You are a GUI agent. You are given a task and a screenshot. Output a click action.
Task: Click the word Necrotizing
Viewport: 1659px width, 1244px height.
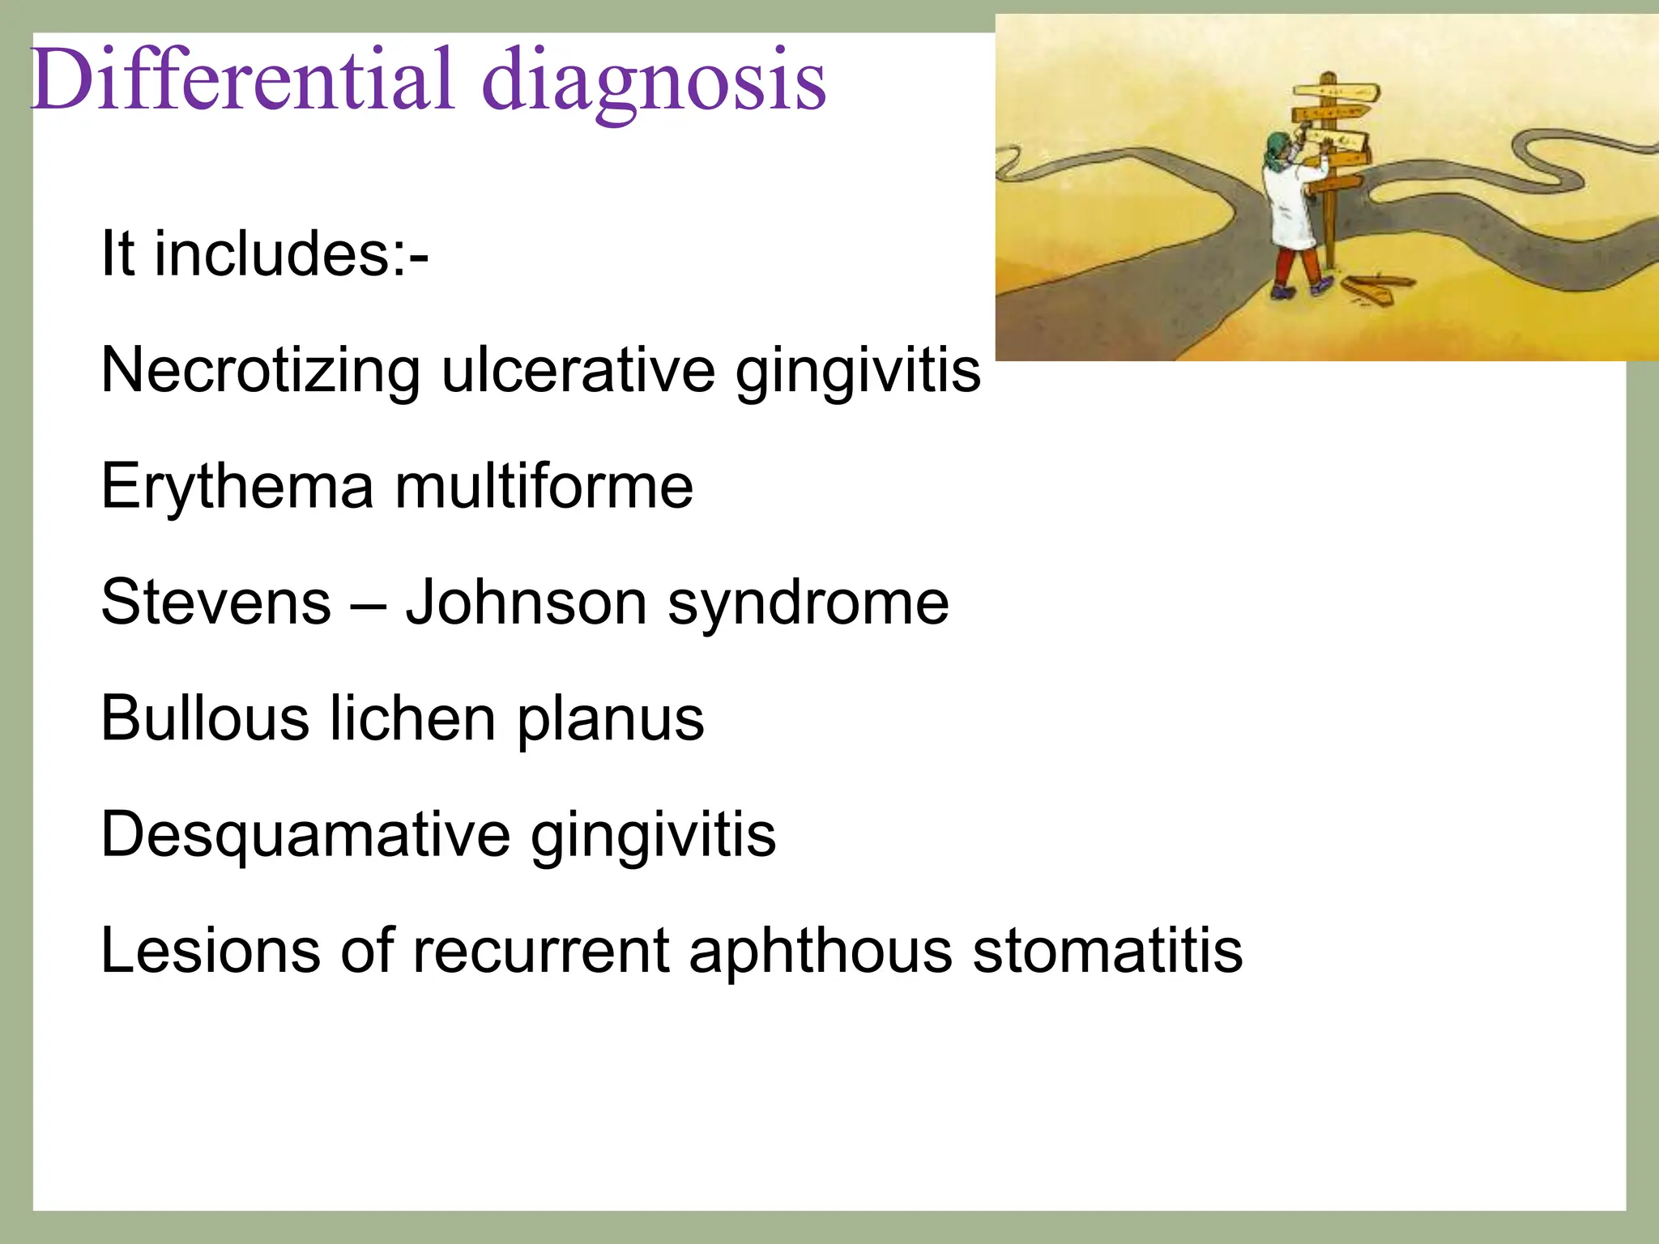260,371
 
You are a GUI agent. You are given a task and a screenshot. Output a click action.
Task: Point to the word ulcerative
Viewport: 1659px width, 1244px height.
578,371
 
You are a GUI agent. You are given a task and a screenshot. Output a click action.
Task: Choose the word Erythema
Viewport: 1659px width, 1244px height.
237,488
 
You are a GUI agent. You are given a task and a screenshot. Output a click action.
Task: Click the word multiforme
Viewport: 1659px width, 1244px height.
544,487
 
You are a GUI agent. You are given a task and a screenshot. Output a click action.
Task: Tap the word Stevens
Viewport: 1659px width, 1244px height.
215,603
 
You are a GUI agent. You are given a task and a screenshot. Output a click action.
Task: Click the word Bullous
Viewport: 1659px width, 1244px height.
205,719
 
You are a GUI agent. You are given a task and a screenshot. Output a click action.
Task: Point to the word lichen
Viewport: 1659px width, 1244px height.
412,719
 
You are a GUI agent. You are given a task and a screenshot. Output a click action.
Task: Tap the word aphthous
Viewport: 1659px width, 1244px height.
820,951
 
